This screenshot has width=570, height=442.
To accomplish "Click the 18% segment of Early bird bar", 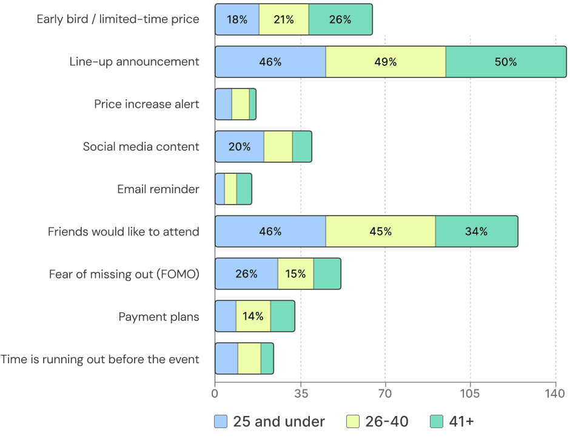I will (237, 19).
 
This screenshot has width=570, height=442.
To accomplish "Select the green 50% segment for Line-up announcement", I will (506, 62).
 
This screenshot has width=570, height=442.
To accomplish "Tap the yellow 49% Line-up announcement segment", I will (386, 62).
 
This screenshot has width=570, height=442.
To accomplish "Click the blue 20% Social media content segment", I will (240, 147).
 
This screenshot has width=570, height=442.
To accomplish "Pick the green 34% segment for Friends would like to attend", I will (477, 231).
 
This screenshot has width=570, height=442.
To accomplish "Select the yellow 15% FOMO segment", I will (295, 274).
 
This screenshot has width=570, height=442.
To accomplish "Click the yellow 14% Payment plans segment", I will (253, 316).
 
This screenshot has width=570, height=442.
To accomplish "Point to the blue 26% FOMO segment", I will (246, 274).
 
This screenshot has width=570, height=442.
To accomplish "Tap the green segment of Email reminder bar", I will (244, 189).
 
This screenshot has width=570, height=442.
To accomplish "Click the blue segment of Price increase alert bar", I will (223, 104).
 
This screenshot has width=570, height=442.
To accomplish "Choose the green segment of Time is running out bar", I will (267, 358).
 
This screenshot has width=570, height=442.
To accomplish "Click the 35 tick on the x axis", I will (300, 394).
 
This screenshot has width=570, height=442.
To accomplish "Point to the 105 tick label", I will (470, 394).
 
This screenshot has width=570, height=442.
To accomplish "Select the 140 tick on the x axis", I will (555, 394).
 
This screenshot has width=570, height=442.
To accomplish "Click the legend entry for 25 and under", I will (270, 421).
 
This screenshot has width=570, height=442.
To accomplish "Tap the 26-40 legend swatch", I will (353, 421).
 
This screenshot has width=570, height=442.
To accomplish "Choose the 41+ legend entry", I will (451, 421).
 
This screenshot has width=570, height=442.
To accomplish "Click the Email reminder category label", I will (158, 189).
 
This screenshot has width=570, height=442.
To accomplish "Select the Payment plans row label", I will (158, 316).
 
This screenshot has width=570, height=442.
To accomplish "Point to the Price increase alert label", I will (146, 104).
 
